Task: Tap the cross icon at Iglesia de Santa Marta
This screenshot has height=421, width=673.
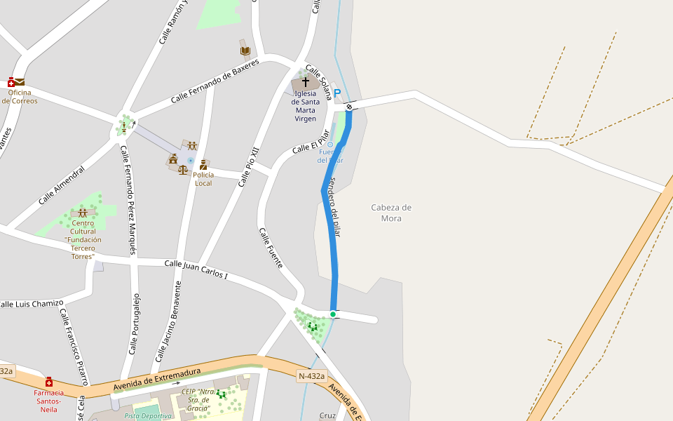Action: (x=305, y=82)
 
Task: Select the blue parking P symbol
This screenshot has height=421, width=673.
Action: (x=337, y=93)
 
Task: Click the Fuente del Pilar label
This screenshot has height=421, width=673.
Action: (x=330, y=156)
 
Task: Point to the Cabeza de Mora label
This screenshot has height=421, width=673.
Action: (x=391, y=213)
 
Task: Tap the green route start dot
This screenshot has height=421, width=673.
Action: (x=333, y=314)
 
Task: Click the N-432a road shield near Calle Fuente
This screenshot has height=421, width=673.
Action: (x=311, y=376)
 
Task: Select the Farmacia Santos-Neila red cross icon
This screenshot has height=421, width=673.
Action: (x=49, y=382)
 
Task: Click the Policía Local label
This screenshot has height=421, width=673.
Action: (x=203, y=179)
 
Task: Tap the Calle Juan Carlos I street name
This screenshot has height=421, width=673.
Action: (x=196, y=269)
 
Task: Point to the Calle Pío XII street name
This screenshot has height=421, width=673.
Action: (x=249, y=167)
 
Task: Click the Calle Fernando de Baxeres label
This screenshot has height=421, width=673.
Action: (x=215, y=81)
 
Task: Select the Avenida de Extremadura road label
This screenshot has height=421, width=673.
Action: (x=157, y=380)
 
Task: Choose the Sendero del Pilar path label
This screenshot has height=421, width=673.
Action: (x=334, y=207)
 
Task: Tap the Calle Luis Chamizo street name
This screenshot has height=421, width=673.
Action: (x=32, y=303)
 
